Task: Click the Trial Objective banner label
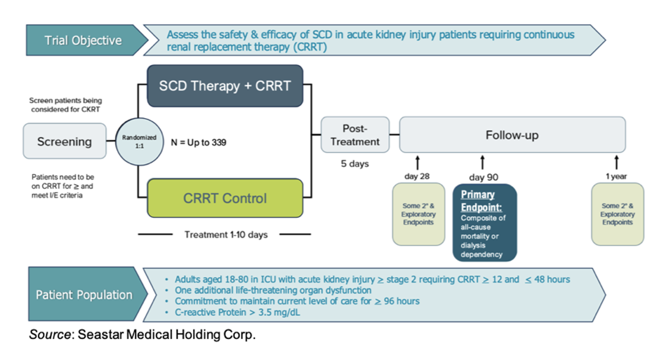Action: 83,40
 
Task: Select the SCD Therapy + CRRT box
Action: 225,86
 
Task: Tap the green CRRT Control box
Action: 225,199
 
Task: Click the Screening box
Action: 64,141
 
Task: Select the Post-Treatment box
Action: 355,135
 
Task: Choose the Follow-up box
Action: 512,135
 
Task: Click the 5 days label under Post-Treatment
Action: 355,164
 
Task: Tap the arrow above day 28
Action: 418,162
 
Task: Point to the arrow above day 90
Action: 483,162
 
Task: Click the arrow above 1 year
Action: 617,162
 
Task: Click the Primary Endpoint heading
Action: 478,200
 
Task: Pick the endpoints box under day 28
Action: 418,214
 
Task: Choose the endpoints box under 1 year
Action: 618,214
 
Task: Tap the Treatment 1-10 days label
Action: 226,235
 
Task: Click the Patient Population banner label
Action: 84,295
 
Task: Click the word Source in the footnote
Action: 50,335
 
